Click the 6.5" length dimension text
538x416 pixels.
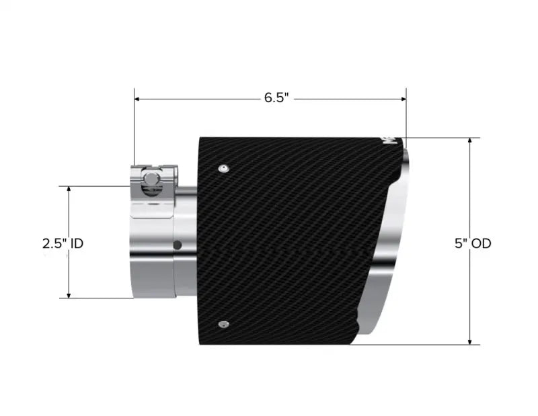276,98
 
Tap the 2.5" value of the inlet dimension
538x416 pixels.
54,243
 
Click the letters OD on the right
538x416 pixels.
482,243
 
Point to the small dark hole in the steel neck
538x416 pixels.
176,244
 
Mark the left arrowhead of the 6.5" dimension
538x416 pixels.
138,99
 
